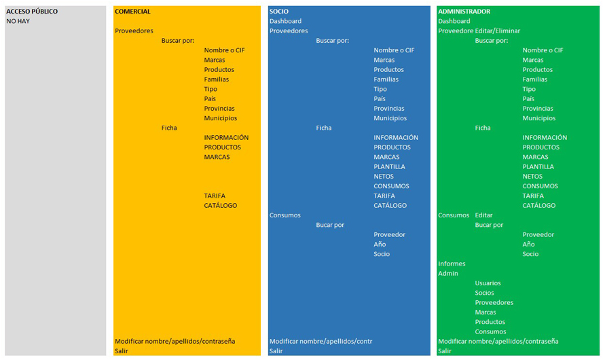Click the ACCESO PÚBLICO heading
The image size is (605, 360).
[x=32, y=12]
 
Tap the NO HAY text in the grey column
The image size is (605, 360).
[x=18, y=21]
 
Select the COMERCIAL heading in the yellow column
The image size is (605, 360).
[x=132, y=12]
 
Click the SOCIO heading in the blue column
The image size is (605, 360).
[x=278, y=12]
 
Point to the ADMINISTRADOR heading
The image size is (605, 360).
[x=464, y=12]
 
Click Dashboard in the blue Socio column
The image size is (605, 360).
[x=285, y=21]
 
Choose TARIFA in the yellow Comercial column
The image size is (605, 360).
[x=215, y=196]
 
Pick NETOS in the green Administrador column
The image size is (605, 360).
[x=532, y=177]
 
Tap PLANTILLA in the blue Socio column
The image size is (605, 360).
[x=389, y=166]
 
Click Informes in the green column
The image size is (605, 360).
[x=452, y=264]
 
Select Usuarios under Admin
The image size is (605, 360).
[x=488, y=283]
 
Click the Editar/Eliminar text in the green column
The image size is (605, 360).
[x=498, y=31]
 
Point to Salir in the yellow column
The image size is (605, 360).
[x=122, y=351]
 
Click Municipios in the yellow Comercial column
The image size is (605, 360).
[x=220, y=118]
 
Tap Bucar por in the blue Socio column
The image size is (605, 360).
[x=330, y=225]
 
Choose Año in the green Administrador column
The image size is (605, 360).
[x=528, y=245]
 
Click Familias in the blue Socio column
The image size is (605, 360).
[x=386, y=79]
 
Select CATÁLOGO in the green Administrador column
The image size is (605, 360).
[x=539, y=205]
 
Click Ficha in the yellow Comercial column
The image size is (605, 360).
[x=169, y=128]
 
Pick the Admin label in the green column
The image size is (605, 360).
[x=448, y=274]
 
